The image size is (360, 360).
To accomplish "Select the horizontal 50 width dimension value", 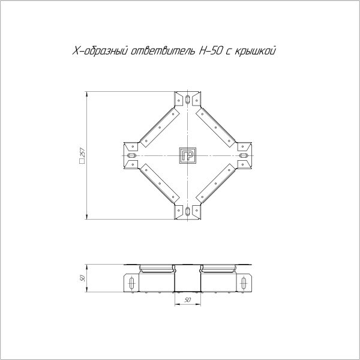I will (187, 299).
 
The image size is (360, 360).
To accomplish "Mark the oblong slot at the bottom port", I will (188, 211).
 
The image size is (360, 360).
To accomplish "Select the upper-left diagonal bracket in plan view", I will (158, 127).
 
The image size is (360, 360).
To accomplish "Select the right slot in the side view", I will (243, 282).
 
